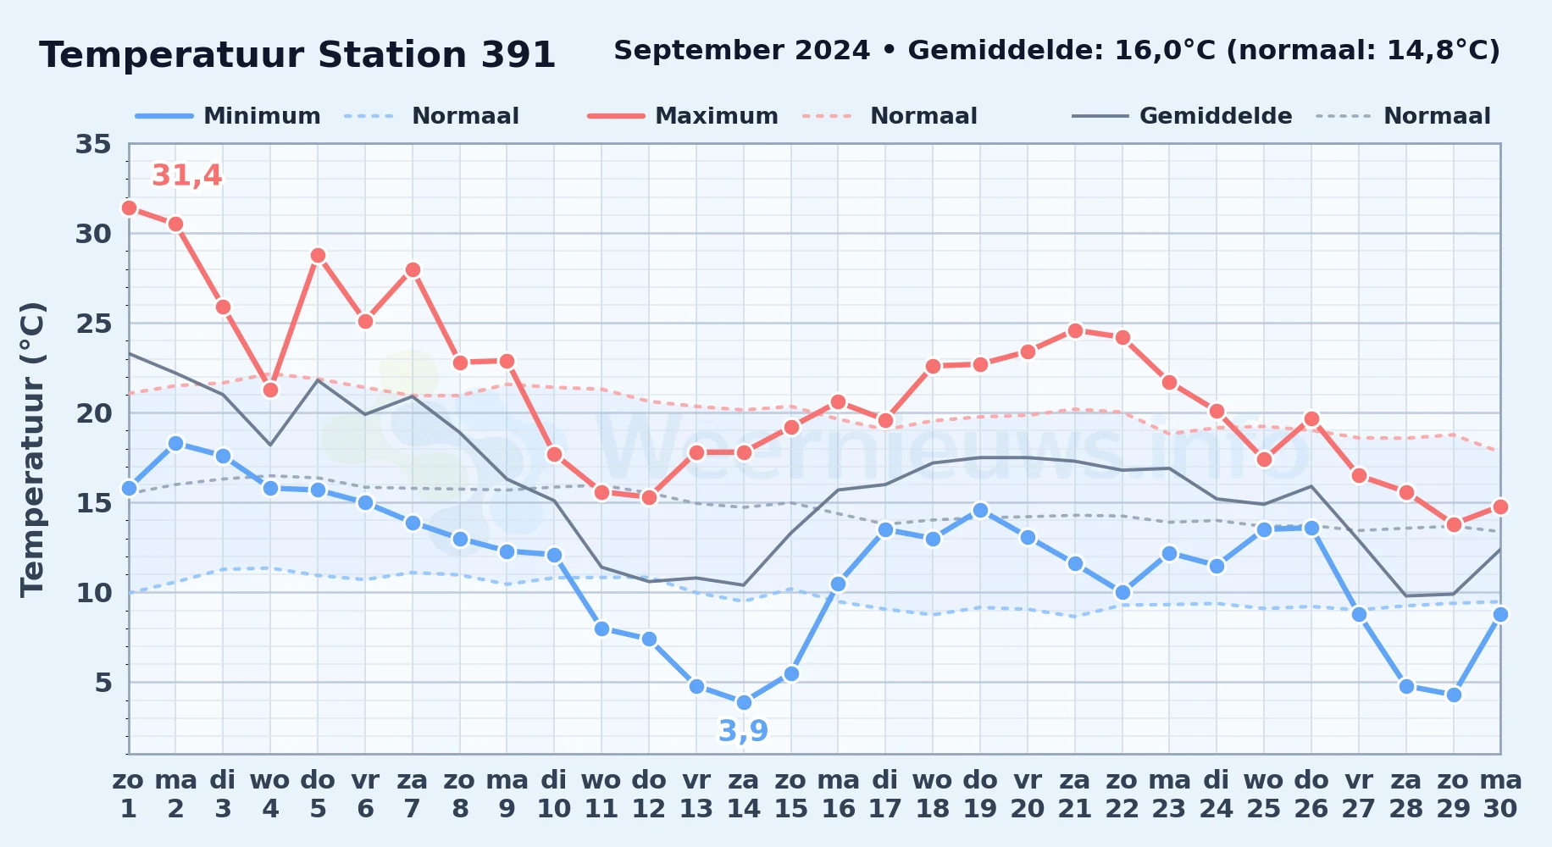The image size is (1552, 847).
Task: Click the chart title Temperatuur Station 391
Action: coord(297,55)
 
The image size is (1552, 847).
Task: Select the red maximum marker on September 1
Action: coord(129,208)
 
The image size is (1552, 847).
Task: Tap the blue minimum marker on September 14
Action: coord(744,702)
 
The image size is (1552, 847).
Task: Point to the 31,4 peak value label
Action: coord(186,175)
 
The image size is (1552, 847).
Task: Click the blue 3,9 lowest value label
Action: coord(744,730)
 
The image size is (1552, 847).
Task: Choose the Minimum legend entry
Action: coord(228,116)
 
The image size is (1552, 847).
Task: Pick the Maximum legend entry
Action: coord(683,116)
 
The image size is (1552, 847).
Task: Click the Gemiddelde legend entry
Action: coord(1182,116)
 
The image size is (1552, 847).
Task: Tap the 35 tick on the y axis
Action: coord(93,144)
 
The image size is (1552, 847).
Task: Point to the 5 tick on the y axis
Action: coord(103,683)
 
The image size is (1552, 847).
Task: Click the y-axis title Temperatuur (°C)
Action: coord(32,449)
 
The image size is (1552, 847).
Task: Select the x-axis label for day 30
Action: coord(1500,794)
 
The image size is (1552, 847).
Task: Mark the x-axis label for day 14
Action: coord(744,794)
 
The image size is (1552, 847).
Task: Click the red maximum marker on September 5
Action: coord(318,255)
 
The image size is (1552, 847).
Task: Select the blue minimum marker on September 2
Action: coord(176,443)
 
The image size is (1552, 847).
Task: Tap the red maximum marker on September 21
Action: coord(1075,330)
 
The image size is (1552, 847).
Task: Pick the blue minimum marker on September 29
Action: coord(1454,695)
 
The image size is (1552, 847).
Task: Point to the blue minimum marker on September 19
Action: coord(980,510)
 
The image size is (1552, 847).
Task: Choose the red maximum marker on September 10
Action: coord(554,454)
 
